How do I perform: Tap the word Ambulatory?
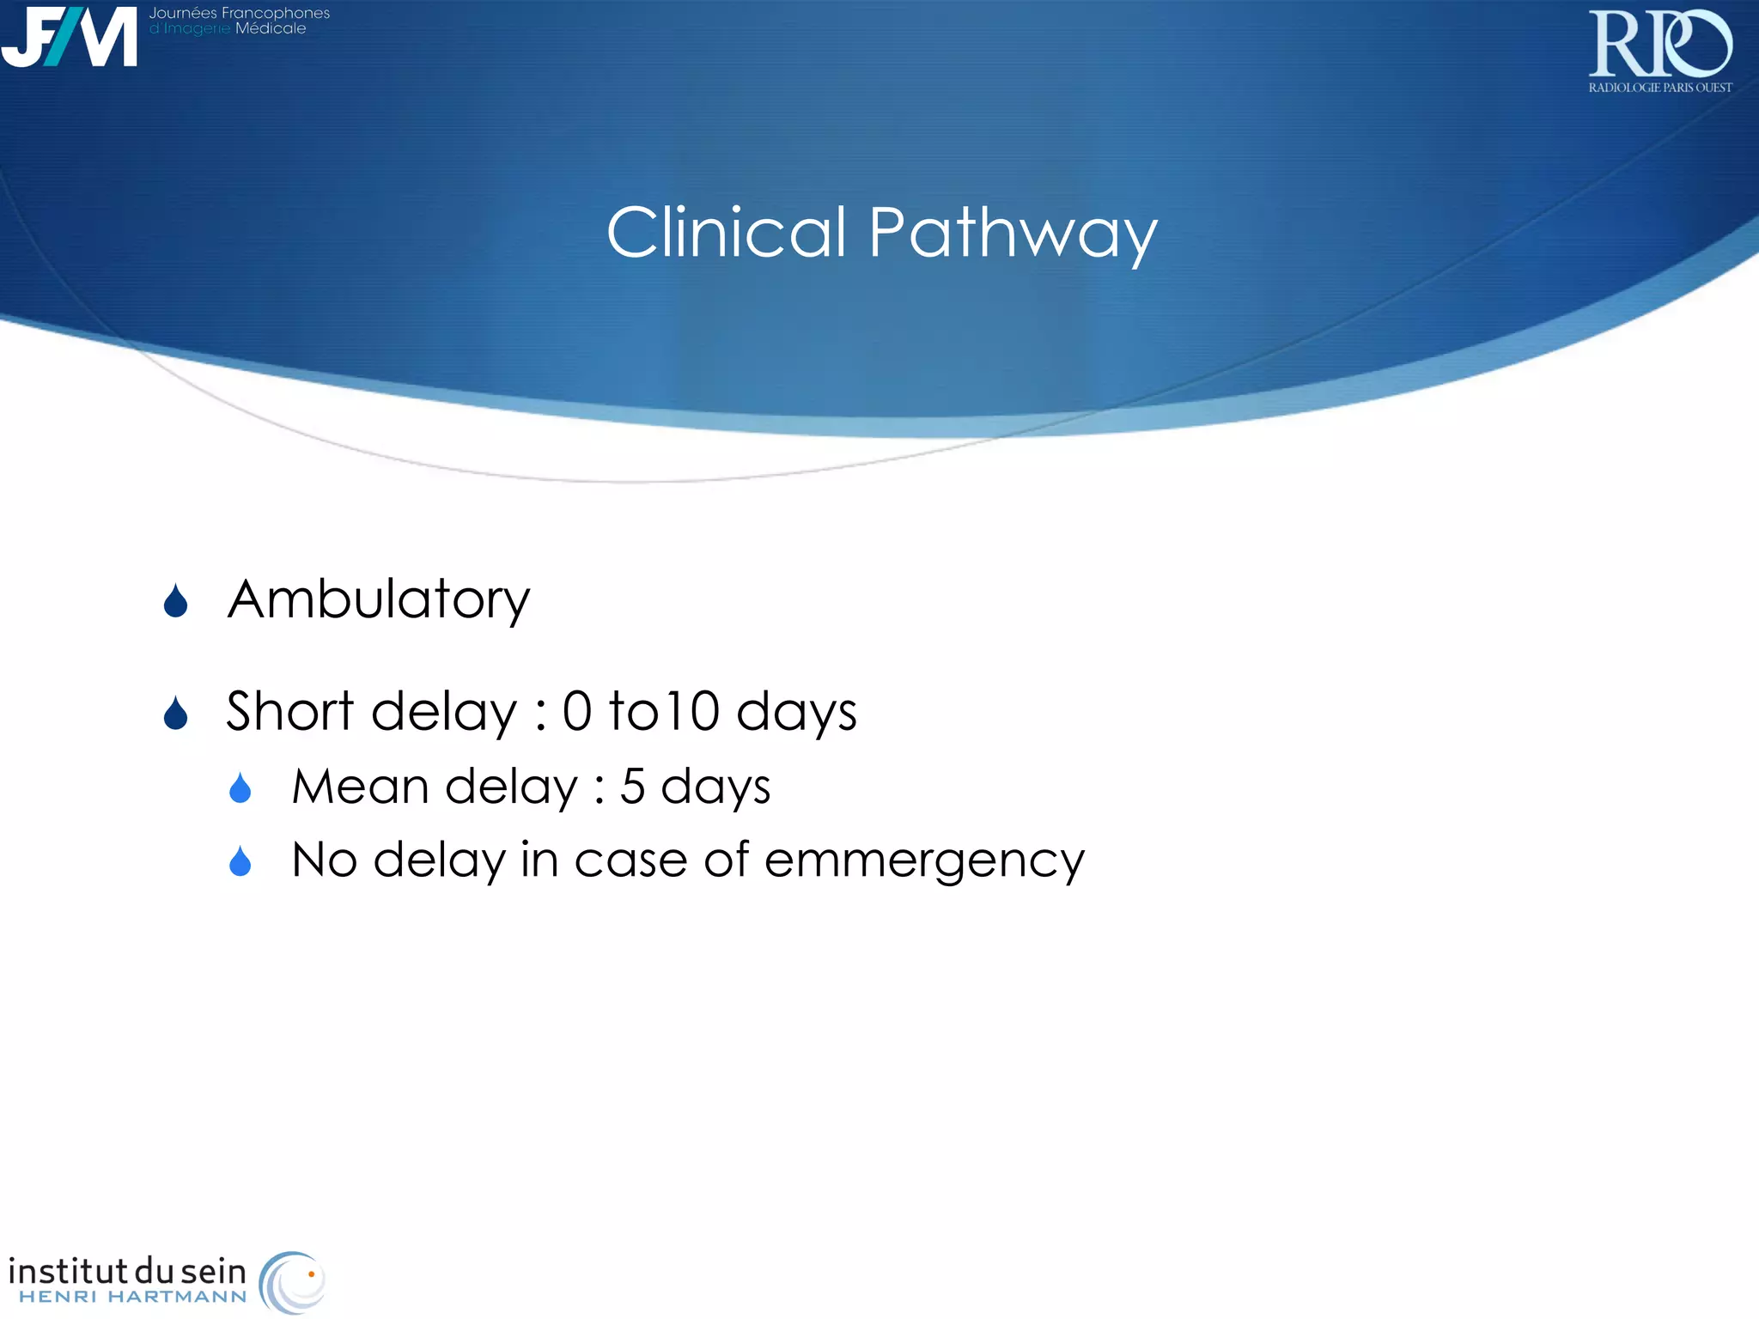(378, 600)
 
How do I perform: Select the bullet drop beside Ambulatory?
(176, 602)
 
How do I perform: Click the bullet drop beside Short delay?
(176, 714)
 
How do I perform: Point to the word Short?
(289, 711)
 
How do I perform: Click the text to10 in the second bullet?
(664, 711)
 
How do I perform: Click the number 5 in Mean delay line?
(632, 787)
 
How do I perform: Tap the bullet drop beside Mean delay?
(240, 788)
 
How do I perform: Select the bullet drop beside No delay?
(240, 861)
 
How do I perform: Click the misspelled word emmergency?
(924, 861)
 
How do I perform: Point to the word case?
(630, 860)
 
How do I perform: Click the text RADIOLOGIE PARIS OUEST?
(1659, 88)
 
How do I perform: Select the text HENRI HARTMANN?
(133, 1297)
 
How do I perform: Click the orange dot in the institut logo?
(311, 1274)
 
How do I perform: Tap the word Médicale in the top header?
(271, 29)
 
